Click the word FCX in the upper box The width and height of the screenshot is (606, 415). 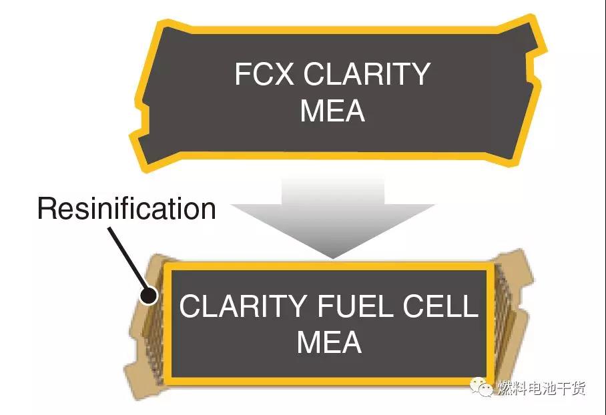(264, 74)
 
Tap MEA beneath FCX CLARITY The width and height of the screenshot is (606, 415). (332, 110)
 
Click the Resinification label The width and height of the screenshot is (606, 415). (127, 209)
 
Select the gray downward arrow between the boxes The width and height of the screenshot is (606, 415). (332, 214)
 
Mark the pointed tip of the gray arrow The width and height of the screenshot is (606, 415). (332, 257)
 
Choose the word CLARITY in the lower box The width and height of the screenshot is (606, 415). (243, 306)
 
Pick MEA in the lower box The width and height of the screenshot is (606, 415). (328, 342)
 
